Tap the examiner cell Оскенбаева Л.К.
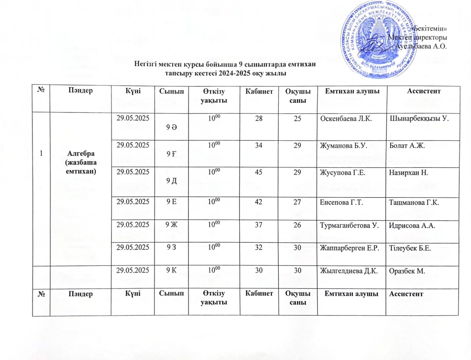point(346,119)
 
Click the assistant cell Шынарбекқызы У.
point(419,119)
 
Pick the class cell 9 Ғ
point(172,154)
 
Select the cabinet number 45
point(258,172)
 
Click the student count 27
point(297,202)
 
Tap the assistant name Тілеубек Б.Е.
point(410,248)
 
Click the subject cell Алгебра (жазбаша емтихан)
point(81,162)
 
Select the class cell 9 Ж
point(171,225)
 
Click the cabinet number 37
point(258,225)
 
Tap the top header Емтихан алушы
point(352,91)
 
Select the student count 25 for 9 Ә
point(297,119)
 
